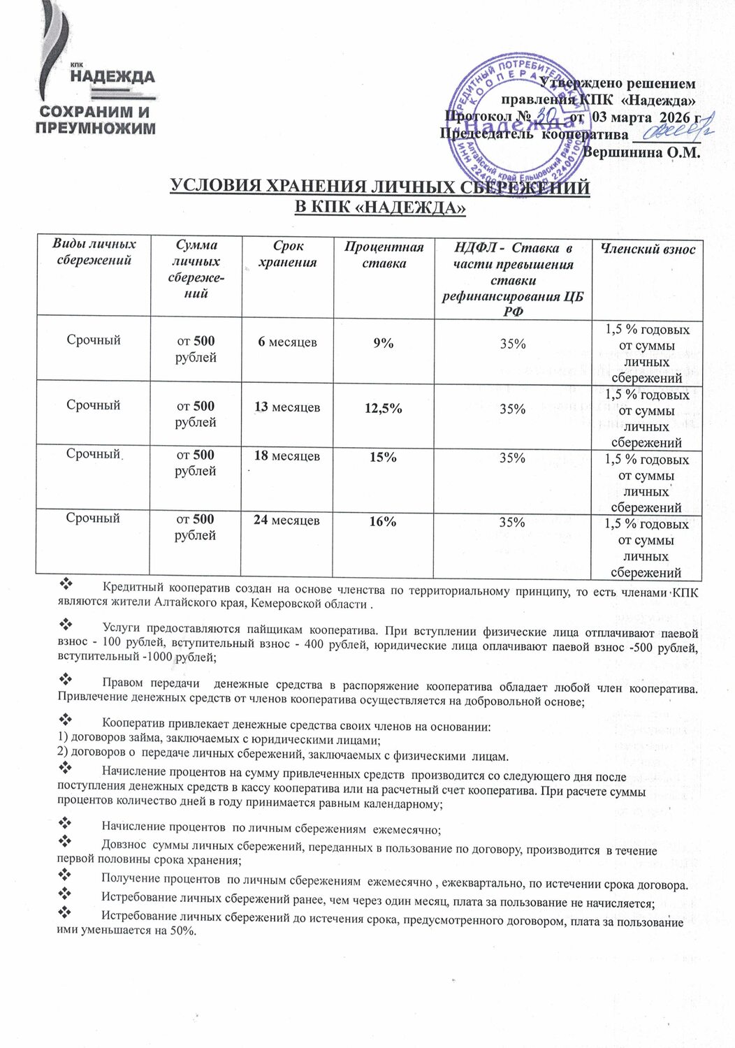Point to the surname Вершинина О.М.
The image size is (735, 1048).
pos(641,152)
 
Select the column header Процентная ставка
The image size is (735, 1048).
pos(384,255)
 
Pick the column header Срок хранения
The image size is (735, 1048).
pos(287,254)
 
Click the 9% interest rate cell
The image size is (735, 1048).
pos(384,343)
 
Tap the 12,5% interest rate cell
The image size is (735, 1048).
pos(384,409)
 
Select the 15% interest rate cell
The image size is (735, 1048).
pos(384,457)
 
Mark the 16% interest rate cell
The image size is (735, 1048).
pos(384,521)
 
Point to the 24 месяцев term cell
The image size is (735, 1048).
pos(286,521)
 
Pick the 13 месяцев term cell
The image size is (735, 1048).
pos(286,407)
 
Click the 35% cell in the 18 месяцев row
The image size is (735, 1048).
pos(513,458)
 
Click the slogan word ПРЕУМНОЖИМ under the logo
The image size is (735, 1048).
pos(95,129)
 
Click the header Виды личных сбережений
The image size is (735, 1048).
pos(94,252)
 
